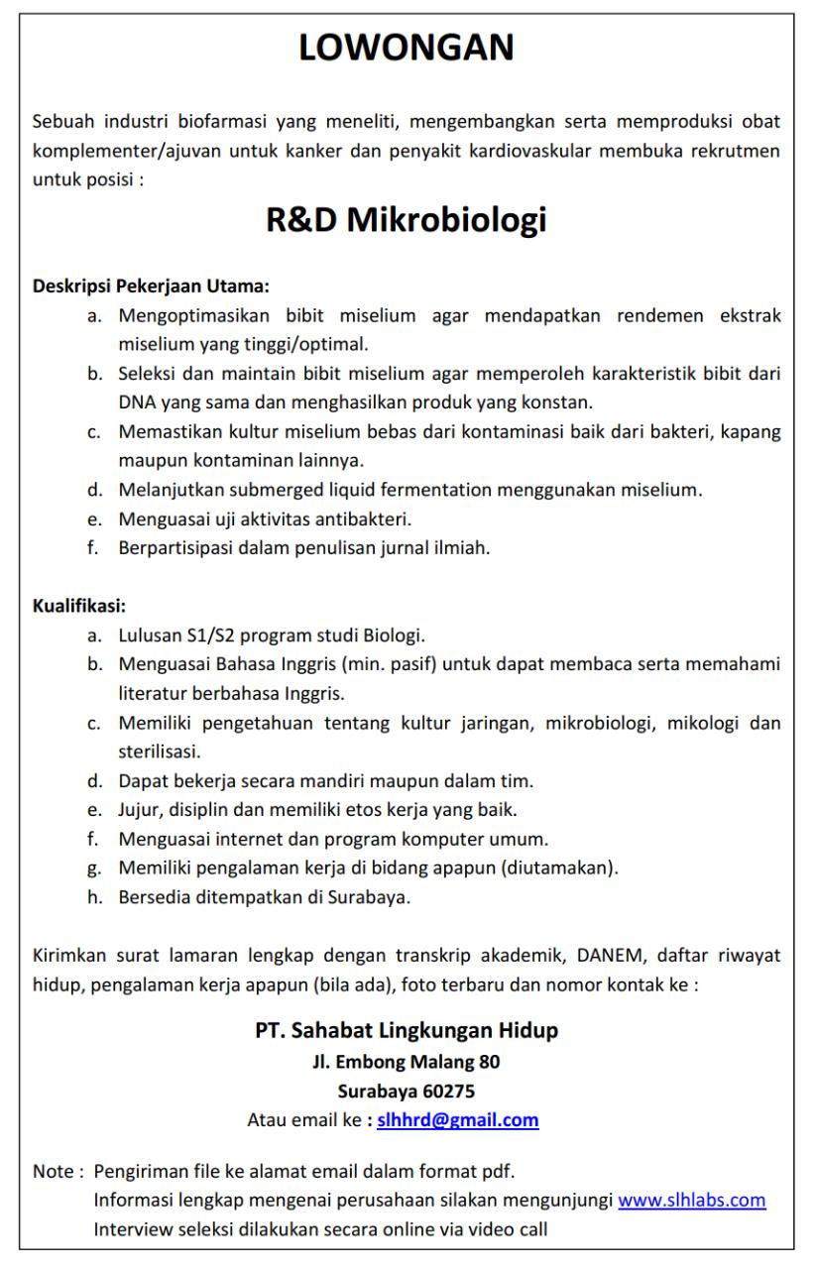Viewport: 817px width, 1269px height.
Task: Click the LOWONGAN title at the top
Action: pyautogui.click(x=408, y=49)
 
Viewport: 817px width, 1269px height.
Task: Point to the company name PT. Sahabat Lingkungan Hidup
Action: pyautogui.click(x=407, y=1031)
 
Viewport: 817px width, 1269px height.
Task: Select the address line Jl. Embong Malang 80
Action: pyautogui.click(x=407, y=1062)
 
